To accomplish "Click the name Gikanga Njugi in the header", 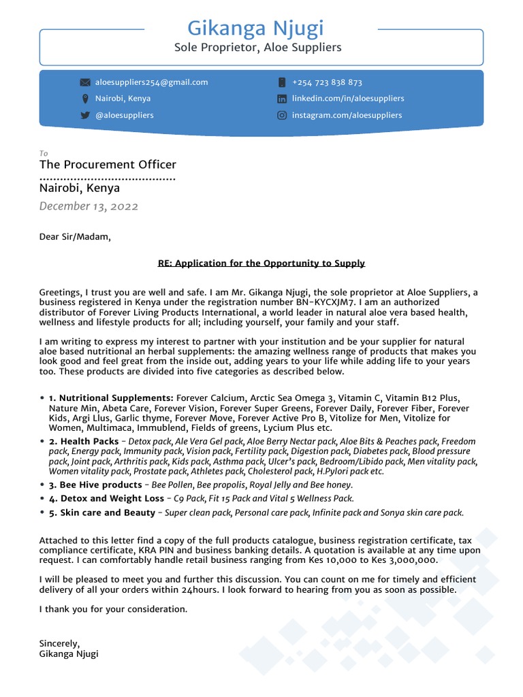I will (x=255, y=29).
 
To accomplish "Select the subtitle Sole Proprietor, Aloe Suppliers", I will (x=257, y=48).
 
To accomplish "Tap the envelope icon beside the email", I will (x=85, y=82).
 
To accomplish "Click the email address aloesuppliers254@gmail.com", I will (x=151, y=82).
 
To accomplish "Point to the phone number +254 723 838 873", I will (x=327, y=82).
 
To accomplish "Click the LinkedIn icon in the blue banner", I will (x=282, y=99).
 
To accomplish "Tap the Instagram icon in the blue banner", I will (x=282, y=115).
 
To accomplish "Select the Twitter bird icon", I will (x=85, y=115).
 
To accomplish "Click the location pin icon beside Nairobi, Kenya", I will (x=85, y=99).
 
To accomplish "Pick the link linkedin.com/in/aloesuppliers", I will (x=348, y=99).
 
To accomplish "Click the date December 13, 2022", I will (x=89, y=206).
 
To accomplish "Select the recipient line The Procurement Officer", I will (x=108, y=165).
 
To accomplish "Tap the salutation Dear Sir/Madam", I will (x=74, y=238).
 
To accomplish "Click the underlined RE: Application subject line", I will (x=261, y=263).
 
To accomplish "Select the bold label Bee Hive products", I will (x=95, y=485).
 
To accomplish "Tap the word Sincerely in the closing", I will (x=59, y=643).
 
